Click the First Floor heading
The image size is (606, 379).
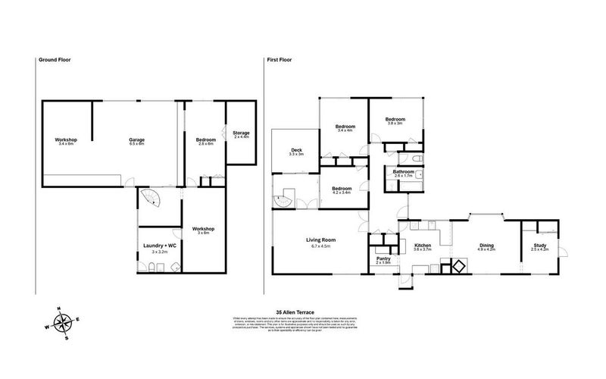click(x=278, y=60)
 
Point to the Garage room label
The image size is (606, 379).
click(x=136, y=142)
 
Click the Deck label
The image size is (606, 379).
click(x=297, y=152)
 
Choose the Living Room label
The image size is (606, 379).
click(x=320, y=242)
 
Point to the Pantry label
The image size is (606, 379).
click(x=383, y=259)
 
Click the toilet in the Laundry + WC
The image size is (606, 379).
click(x=151, y=266)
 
